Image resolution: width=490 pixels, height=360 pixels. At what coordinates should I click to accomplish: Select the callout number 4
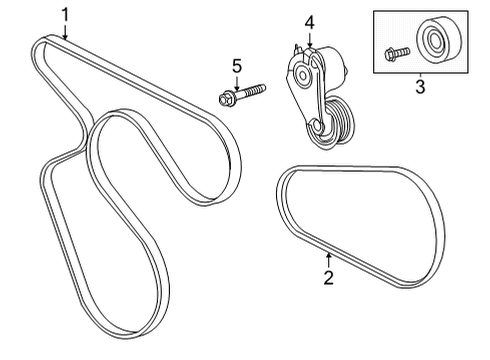[x=310, y=20]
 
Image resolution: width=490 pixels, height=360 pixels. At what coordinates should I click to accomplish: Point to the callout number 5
[x=237, y=66]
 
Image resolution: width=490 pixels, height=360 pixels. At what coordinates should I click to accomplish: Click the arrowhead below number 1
[x=65, y=37]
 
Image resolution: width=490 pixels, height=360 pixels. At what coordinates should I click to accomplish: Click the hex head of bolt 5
[x=224, y=99]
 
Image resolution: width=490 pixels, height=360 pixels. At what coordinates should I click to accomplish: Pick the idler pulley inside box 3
[x=437, y=43]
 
